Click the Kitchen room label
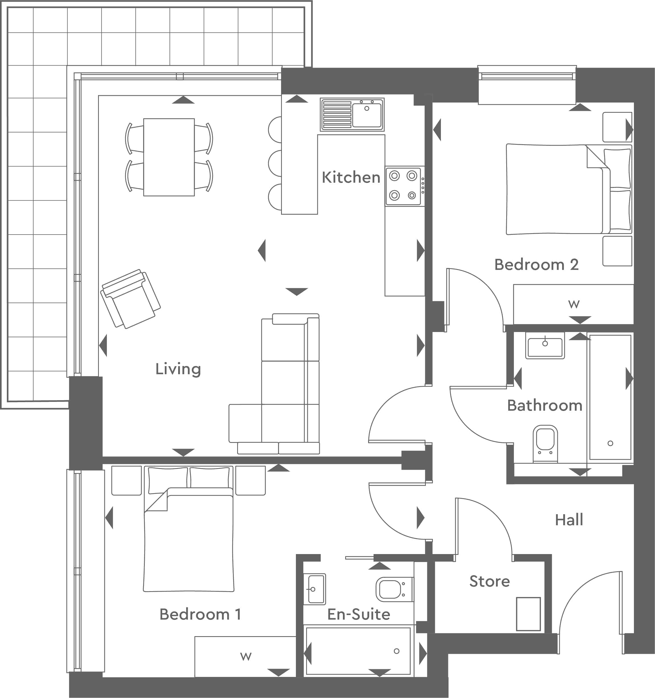351,177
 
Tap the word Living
178,369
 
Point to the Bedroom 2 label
536,265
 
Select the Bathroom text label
545,406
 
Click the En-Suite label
359,614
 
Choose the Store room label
490,581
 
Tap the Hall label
569,520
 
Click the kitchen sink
352,115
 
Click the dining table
169,157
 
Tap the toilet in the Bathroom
545,444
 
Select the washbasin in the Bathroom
545,345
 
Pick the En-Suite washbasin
315,589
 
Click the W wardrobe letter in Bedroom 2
574,304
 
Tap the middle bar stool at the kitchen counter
275,163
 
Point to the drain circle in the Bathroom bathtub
611,443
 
